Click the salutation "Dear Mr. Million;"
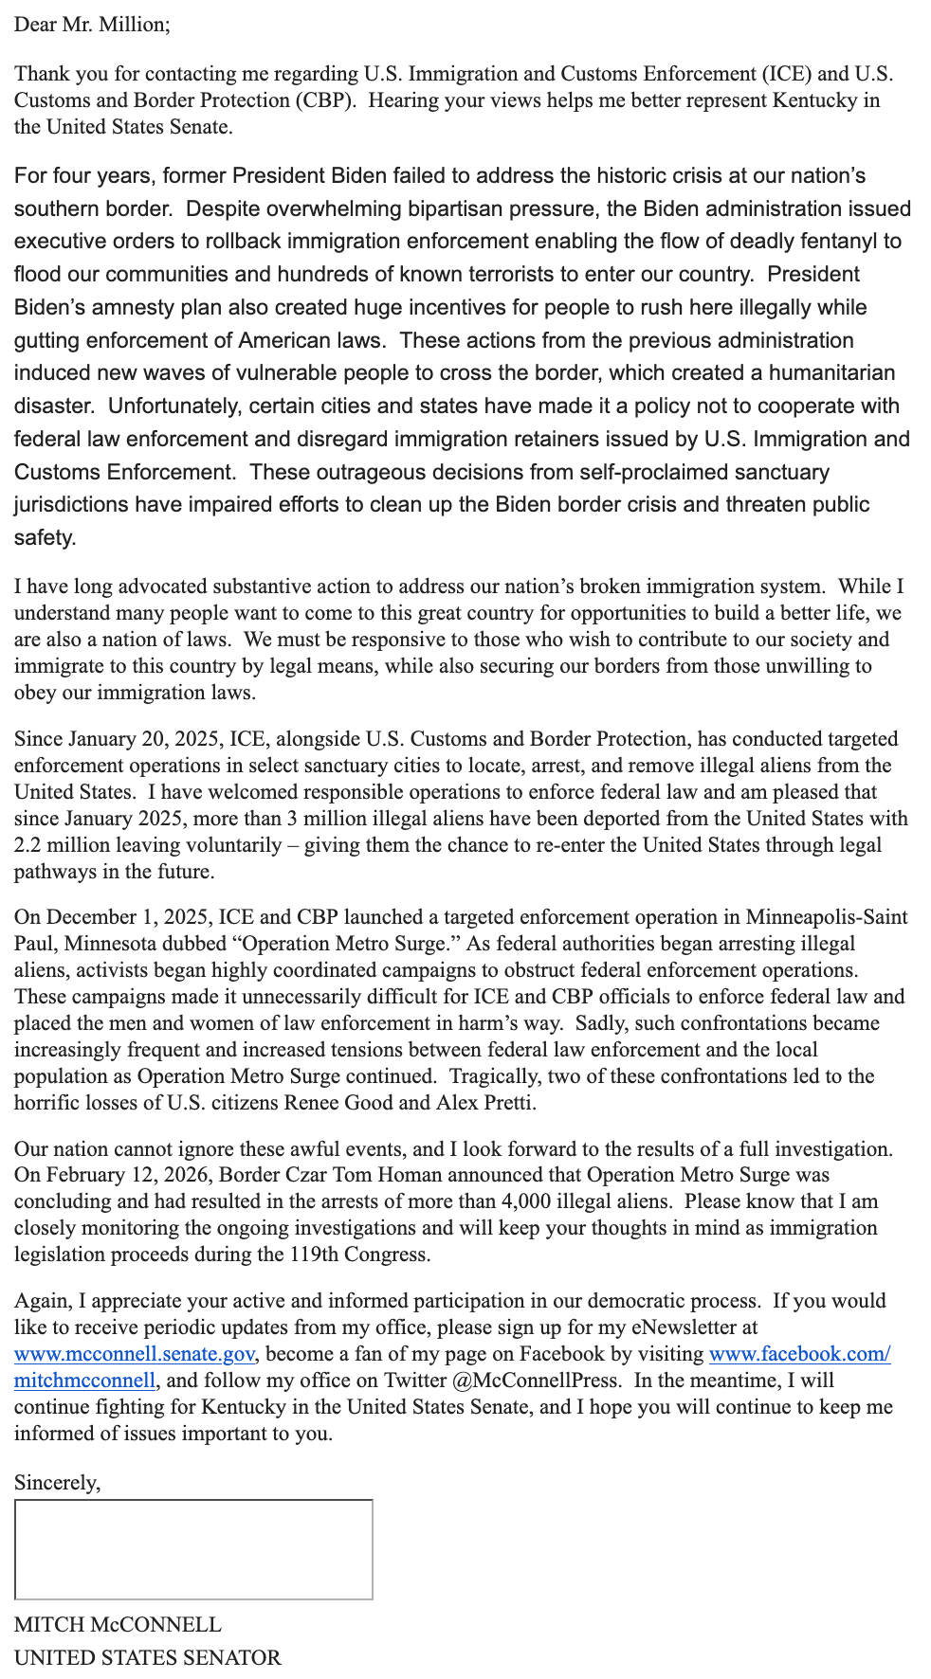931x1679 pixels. pos(92,25)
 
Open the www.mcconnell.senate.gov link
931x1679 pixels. pos(134,1353)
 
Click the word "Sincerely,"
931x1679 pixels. pos(57,1482)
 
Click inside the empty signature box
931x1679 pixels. pos(193,1549)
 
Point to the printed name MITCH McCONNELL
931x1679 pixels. pos(118,1624)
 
